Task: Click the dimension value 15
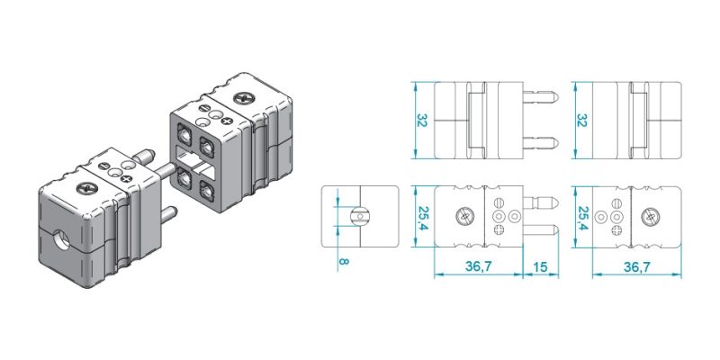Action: tap(541, 266)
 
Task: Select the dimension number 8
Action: tap(343, 262)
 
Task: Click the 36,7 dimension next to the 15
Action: tap(479, 266)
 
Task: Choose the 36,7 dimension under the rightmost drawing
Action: tap(637, 266)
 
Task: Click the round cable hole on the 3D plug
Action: tap(63, 240)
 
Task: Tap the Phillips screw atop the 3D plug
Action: tap(86, 187)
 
